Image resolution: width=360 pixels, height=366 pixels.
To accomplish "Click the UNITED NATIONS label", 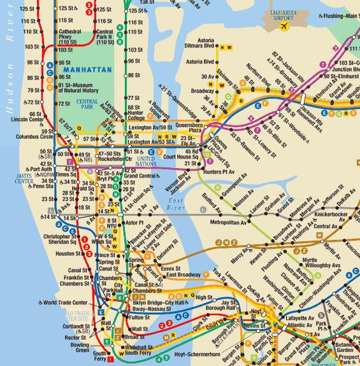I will pos(147,160).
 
